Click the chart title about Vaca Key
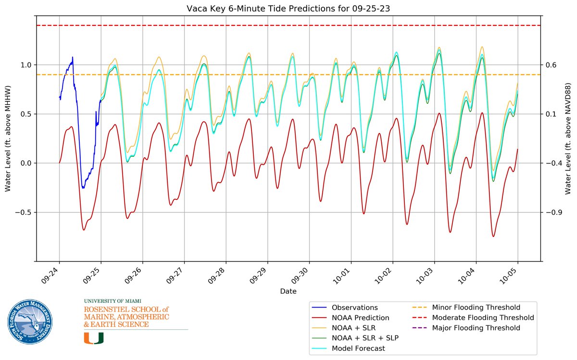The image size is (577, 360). click(288, 8)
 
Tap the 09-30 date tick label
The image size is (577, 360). click(302, 277)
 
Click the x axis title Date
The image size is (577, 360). click(288, 291)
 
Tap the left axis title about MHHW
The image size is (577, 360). click(8, 139)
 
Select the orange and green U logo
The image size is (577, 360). click(93, 338)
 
